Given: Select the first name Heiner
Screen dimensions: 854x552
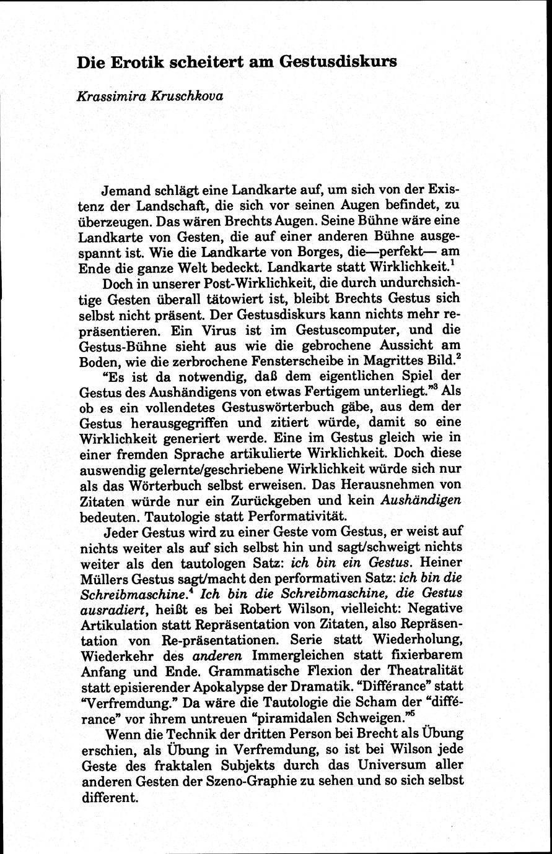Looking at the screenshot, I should (x=440, y=563).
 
